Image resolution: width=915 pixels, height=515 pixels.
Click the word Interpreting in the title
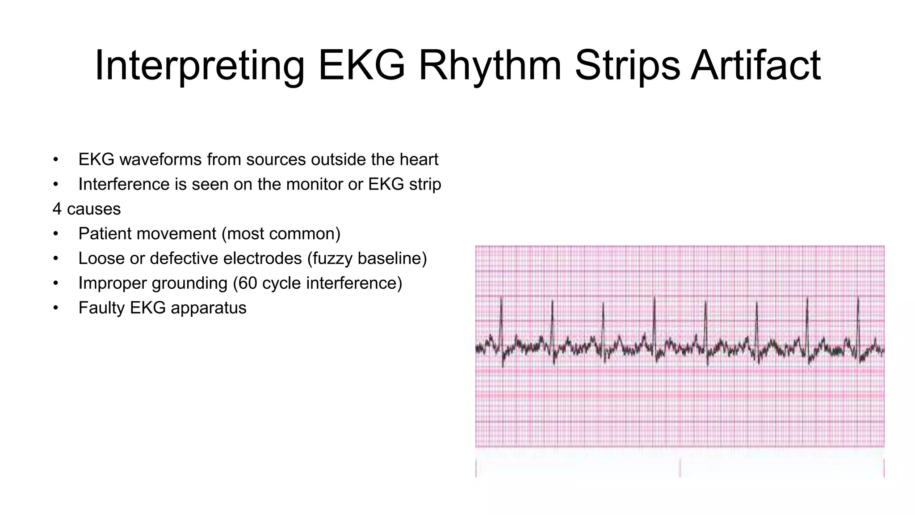[x=199, y=66]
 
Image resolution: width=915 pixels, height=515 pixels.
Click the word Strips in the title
[x=627, y=66]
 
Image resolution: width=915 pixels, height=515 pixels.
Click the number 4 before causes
[x=57, y=209]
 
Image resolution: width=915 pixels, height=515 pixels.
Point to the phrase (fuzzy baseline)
[x=367, y=258]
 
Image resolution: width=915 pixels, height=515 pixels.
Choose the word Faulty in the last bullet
[x=101, y=308]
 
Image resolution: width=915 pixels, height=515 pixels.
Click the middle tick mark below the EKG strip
[x=680, y=467]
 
